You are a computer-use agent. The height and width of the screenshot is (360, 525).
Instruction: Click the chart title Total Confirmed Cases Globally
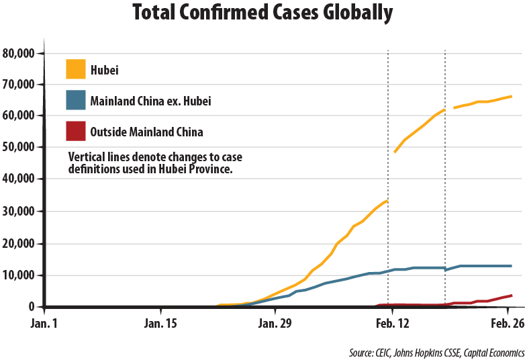click(262, 13)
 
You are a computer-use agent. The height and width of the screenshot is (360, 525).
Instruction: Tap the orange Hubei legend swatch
click(76, 69)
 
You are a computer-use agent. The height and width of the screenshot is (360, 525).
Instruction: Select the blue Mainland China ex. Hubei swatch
click(76, 100)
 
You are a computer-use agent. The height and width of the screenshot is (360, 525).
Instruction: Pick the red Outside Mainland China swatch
click(76, 131)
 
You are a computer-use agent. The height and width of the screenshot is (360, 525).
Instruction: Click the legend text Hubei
click(105, 70)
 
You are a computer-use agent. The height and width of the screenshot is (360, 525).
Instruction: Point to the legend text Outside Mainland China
click(146, 132)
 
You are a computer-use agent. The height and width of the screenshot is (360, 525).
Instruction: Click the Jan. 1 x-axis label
click(44, 323)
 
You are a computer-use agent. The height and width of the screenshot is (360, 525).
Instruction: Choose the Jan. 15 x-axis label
click(161, 323)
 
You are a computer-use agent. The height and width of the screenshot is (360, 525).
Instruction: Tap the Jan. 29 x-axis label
click(276, 323)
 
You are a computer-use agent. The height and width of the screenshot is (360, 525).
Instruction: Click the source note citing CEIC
click(436, 352)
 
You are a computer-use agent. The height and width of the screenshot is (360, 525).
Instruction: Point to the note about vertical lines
click(155, 163)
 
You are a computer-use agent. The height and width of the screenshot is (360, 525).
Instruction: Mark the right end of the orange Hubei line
click(512, 96)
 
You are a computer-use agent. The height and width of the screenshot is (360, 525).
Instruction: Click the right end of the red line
click(512, 296)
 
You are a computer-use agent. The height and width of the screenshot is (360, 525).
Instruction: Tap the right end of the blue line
click(512, 266)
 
